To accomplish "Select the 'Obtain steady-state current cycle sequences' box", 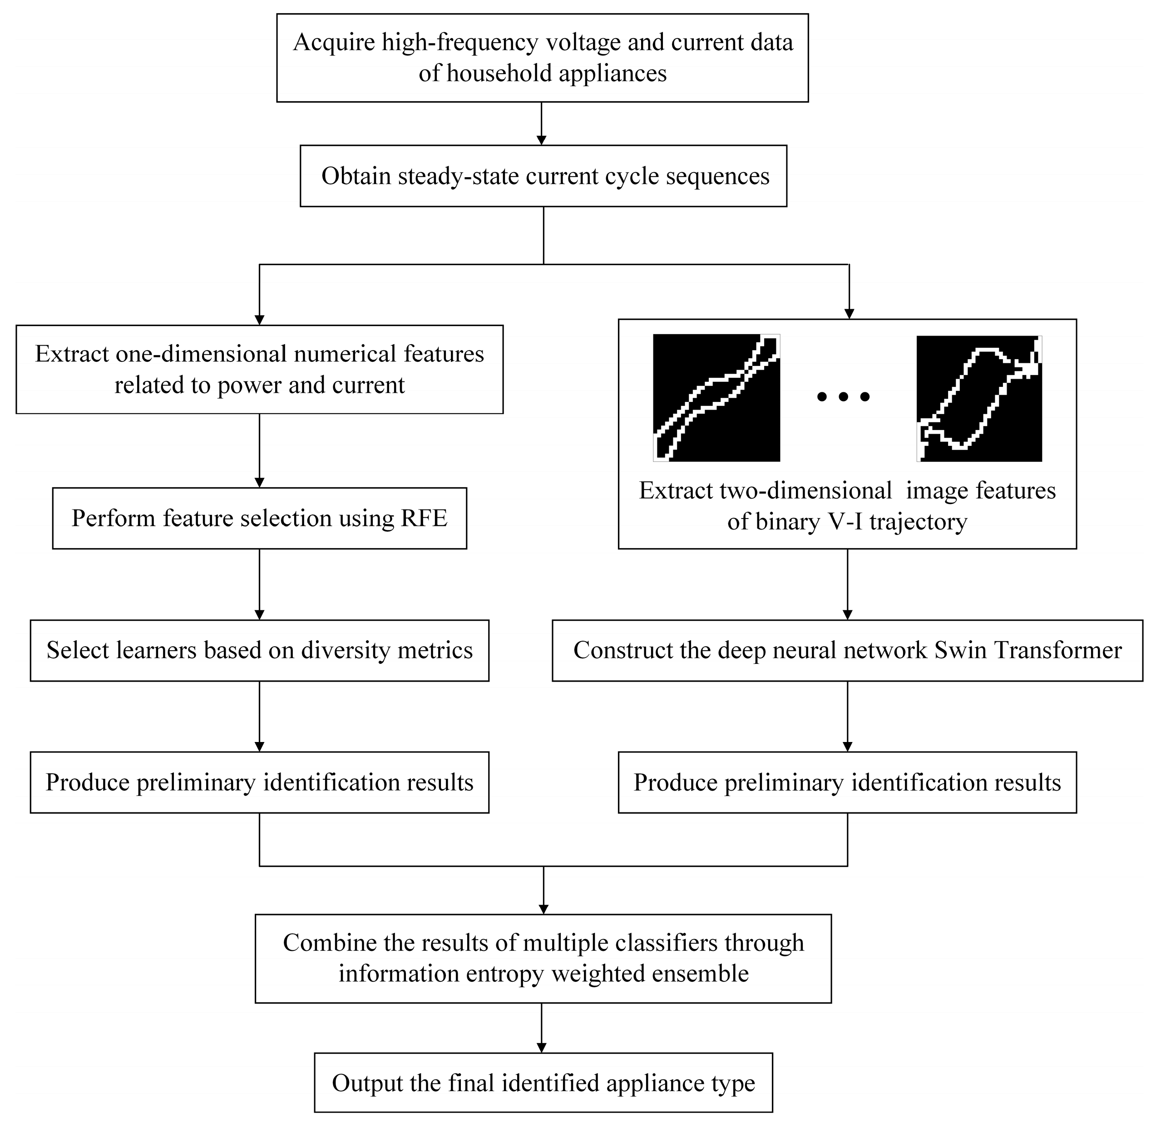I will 543,176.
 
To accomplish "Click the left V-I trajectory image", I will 716,398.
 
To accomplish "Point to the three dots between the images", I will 844,397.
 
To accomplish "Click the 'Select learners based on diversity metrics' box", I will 260,650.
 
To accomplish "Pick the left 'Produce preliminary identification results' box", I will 260,782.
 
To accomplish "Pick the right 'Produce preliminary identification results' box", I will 847,782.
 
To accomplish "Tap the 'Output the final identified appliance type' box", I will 543,1083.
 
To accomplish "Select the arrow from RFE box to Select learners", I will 260,584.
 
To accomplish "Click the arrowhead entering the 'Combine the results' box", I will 543,908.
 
